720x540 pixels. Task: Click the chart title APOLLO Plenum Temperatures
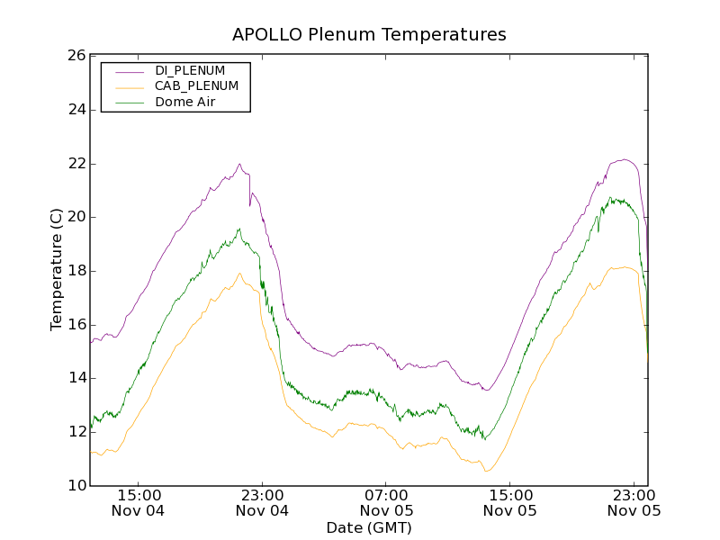click(369, 35)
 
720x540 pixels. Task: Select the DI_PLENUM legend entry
click(190, 70)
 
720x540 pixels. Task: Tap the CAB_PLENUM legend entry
click(196, 86)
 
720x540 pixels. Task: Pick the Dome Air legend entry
click(185, 103)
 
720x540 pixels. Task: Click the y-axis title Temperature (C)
click(57, 269)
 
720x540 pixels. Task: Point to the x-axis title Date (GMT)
click(369, 527)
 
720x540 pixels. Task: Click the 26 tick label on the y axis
click(76, 56)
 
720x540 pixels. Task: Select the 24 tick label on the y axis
click(76, 110)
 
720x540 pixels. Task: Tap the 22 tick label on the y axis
click(76, 164)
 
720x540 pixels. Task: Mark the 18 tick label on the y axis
click(76, 271)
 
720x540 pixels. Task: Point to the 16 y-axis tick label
click(76, 325)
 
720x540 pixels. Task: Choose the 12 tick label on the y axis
click(76, 432)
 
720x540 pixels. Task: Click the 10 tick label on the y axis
click(76, 486)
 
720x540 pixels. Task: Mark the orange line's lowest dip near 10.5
click(487, 471)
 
